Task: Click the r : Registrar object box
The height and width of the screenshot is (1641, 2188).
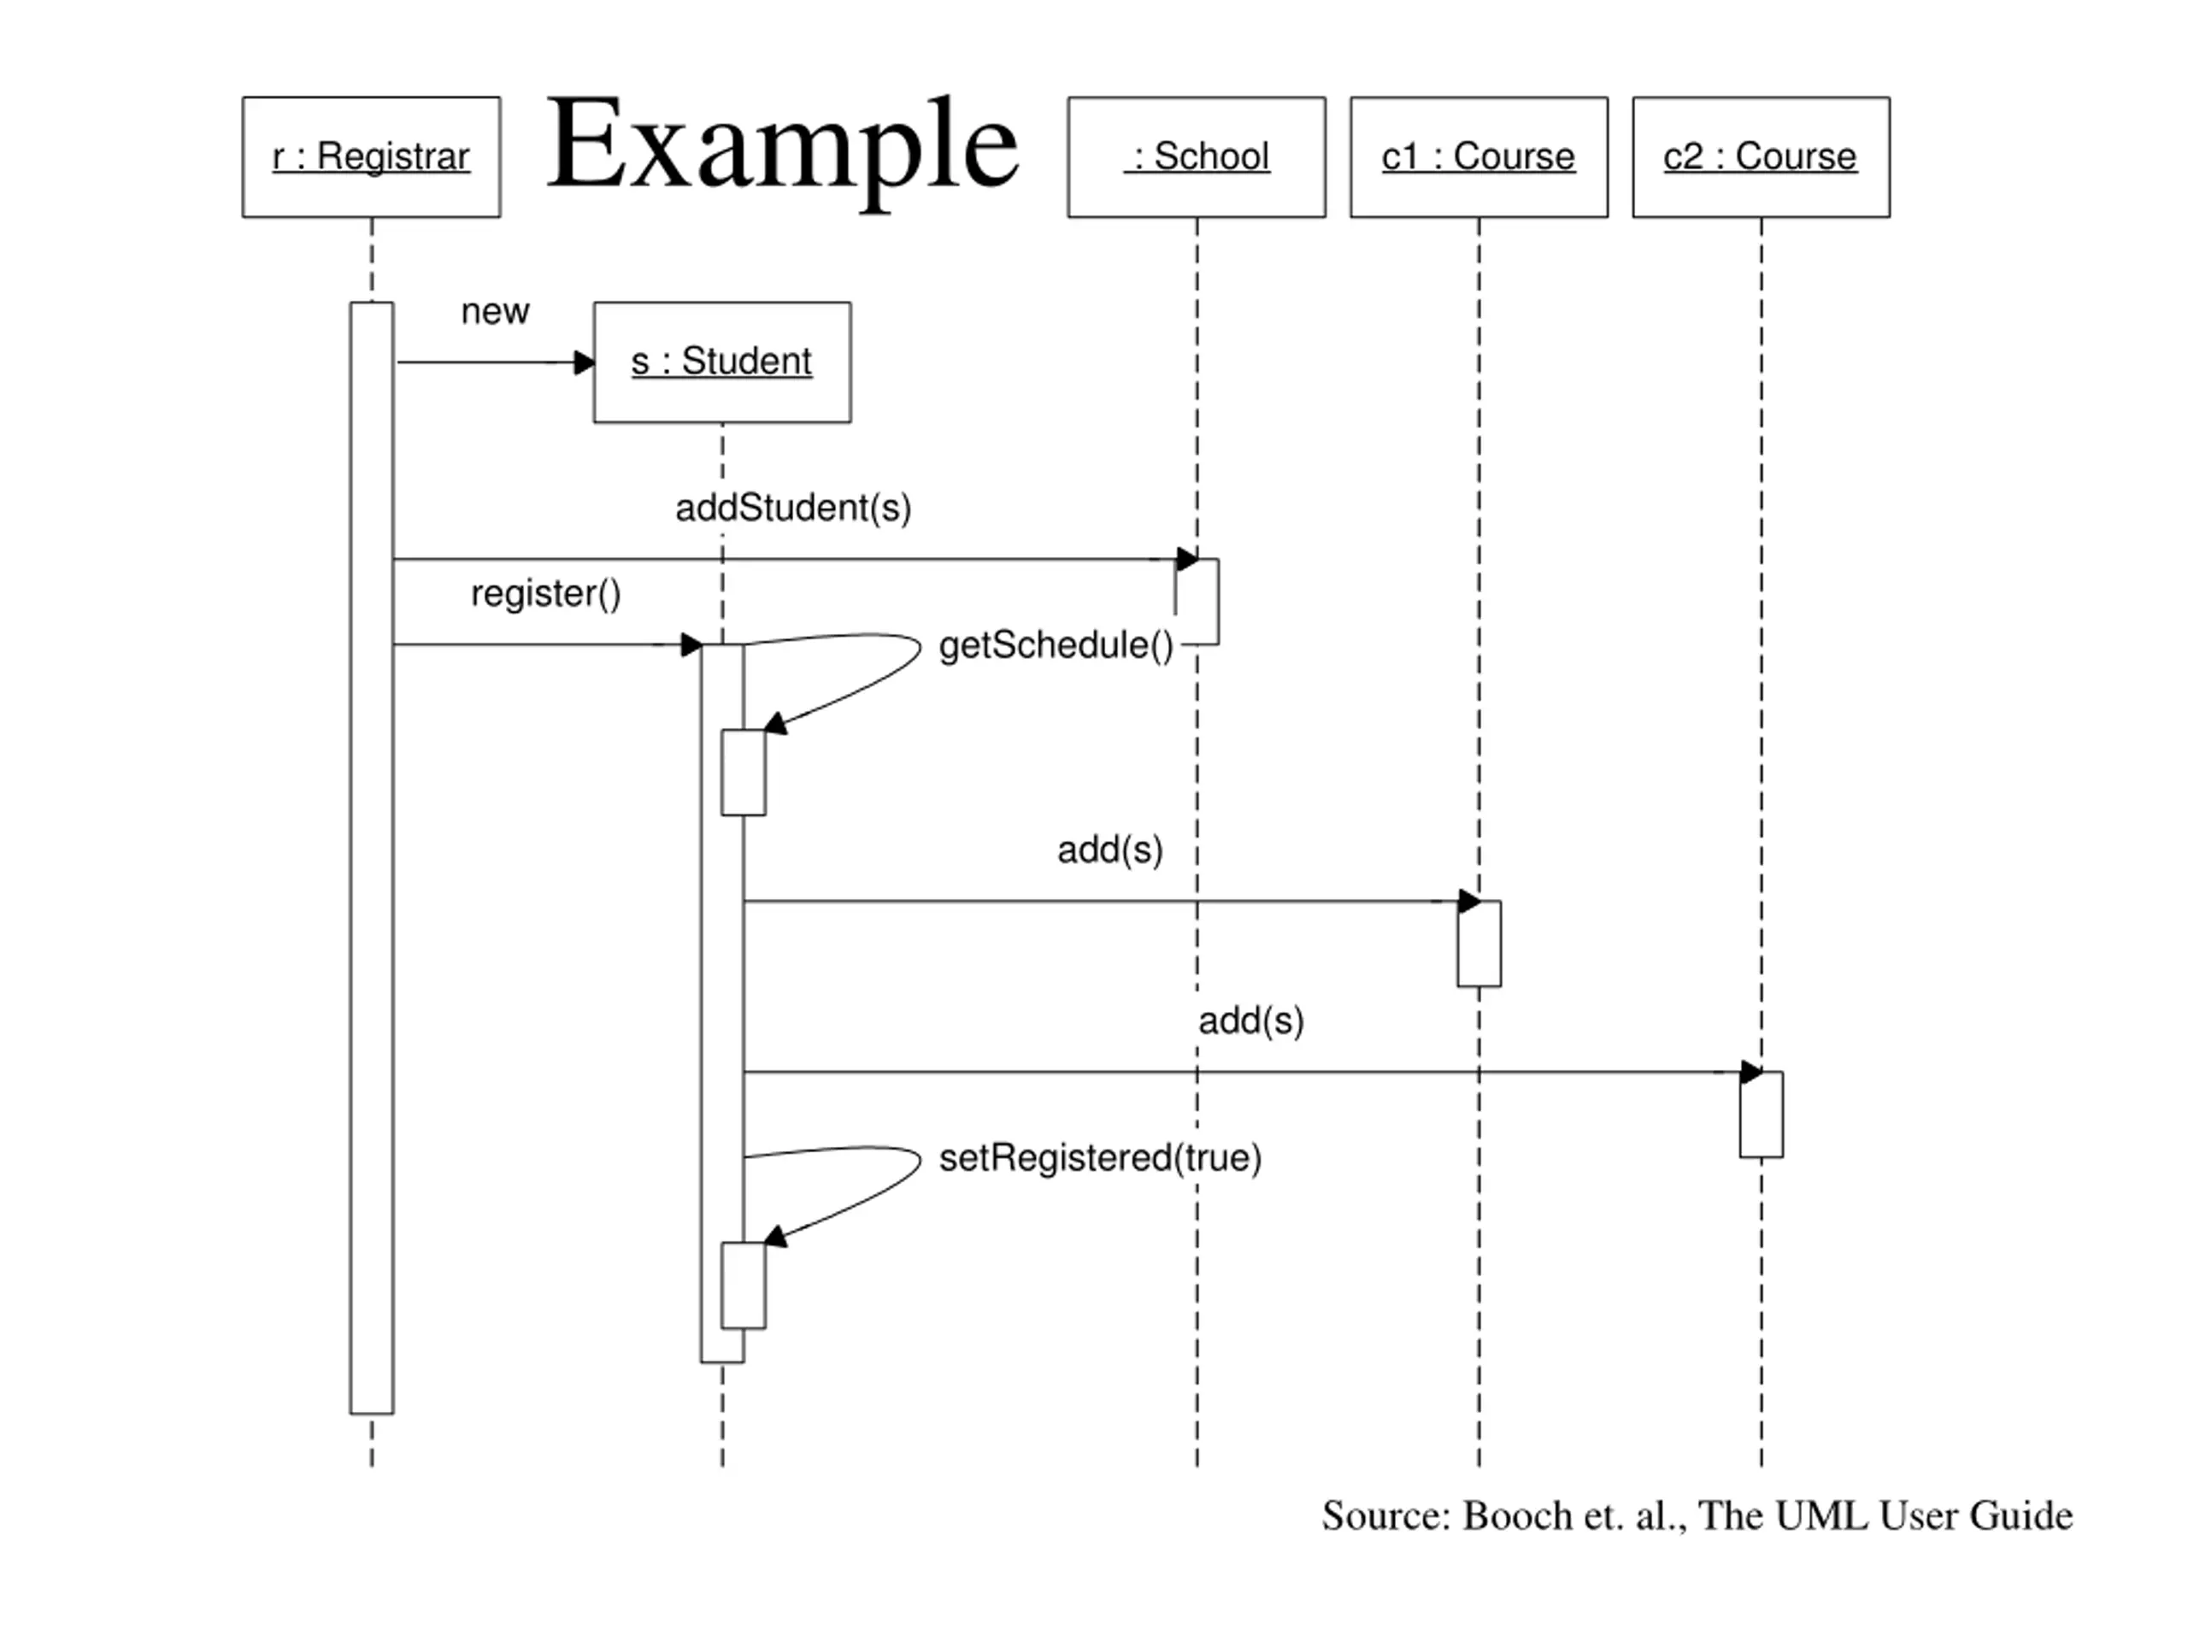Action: point(371,157)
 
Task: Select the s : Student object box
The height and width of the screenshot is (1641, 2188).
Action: point(722,362)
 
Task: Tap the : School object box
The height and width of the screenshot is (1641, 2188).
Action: point(1196,157)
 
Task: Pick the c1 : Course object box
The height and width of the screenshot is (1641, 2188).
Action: point(1479,157)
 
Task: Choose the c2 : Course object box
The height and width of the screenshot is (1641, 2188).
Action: point(1761,157)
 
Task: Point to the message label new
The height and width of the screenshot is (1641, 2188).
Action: point(495,312)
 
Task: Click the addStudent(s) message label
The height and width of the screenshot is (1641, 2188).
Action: point(793,508)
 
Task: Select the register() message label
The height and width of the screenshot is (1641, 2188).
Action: point(545,593)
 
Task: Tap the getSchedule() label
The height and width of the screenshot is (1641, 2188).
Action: point(1056,645)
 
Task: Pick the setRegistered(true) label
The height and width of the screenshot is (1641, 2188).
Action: point(1100,1157)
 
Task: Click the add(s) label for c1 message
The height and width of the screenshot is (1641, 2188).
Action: point(1110,850)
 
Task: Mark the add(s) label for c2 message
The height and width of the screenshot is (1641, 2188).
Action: point(1251,1020)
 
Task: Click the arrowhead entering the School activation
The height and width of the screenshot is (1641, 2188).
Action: point(1187,559)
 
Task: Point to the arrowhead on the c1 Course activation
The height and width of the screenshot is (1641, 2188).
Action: point(1469,901)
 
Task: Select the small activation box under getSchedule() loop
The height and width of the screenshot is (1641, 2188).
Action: point(744,773)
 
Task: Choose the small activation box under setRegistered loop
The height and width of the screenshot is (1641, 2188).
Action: point(744,1285)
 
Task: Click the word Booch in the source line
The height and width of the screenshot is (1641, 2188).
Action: point(1516,1516)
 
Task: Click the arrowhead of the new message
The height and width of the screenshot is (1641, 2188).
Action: point(585,362)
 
